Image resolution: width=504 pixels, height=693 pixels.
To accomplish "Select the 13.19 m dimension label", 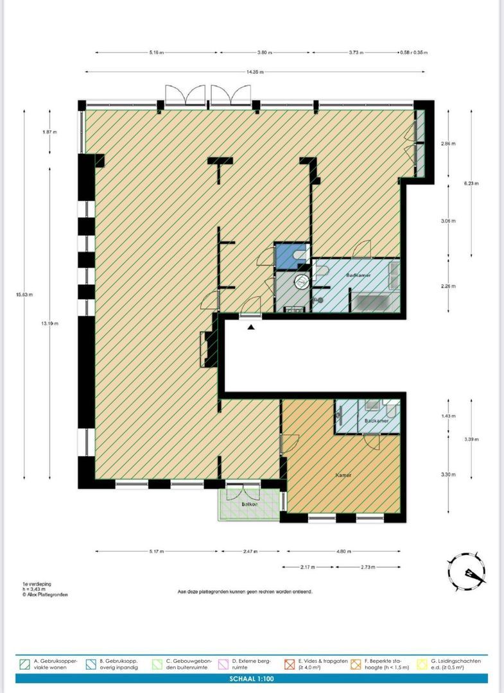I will [x=51, y=323].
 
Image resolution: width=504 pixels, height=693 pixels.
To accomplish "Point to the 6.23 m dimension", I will [x=472, y=183].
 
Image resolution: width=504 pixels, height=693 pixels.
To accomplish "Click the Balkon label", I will [x=250, y=504].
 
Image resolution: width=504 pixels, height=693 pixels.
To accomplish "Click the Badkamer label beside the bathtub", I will [x=357, y=275].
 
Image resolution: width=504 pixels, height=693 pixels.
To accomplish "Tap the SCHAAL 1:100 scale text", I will [x=252, y=678].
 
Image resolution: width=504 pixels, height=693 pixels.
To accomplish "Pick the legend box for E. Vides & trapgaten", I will [x=289, y=663].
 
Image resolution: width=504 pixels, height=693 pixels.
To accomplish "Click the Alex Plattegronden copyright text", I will [x=45, y=595].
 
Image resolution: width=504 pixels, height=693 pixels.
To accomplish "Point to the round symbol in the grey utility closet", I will [x=302, y=281].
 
